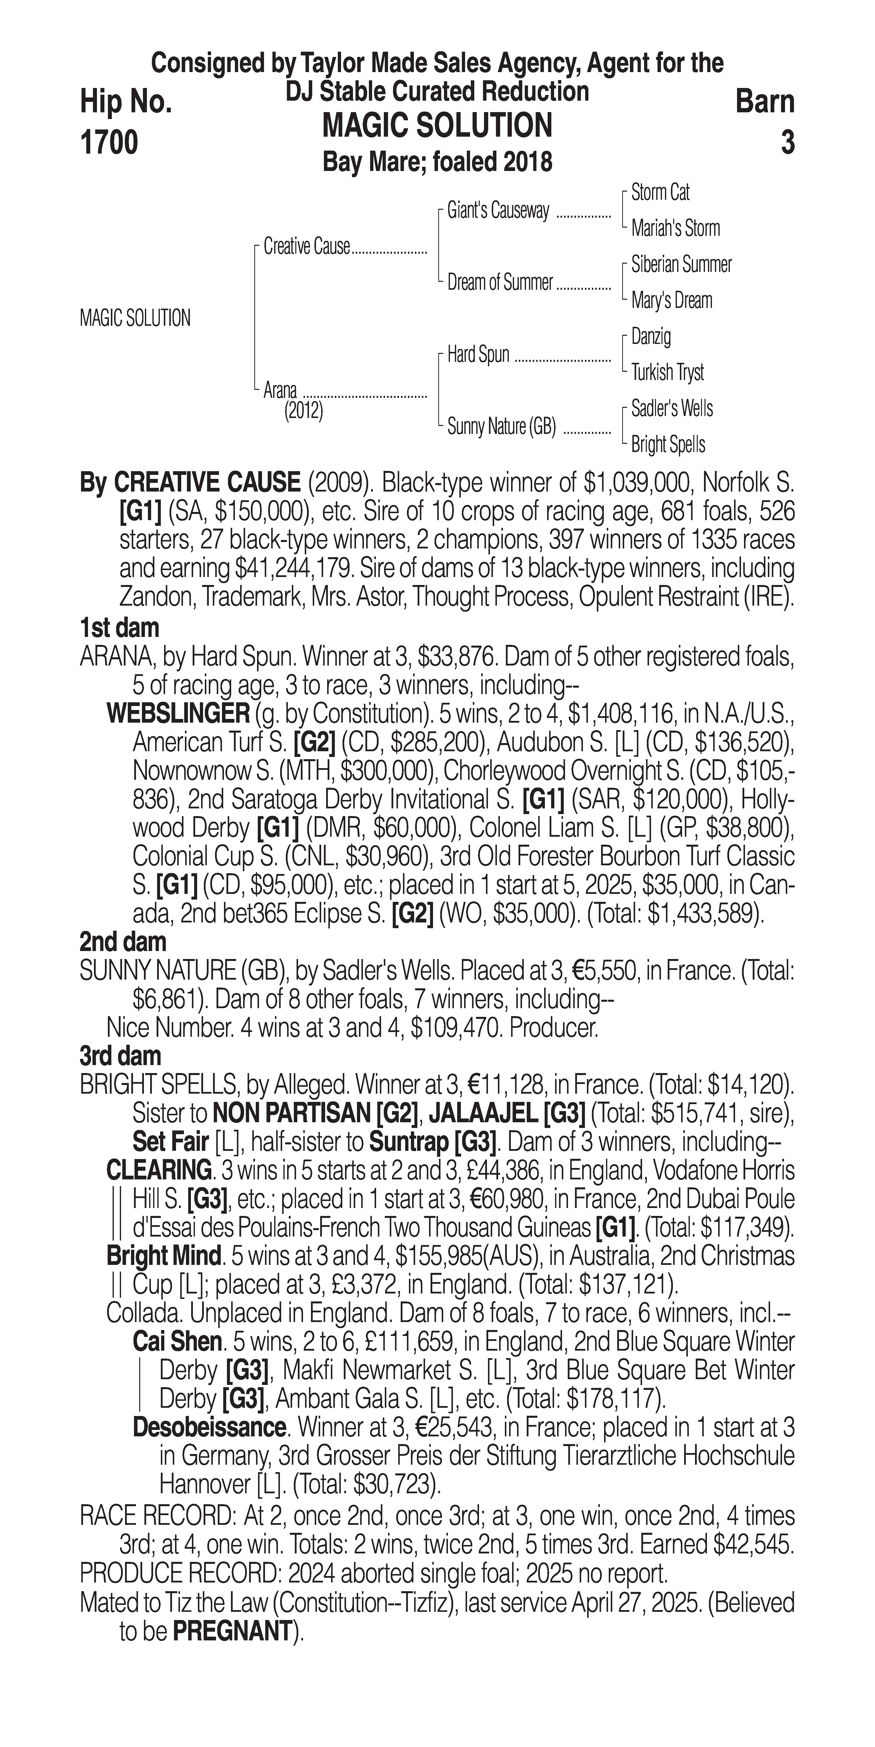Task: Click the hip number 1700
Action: coord(109,142)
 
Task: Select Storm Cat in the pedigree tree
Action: coord(660,193)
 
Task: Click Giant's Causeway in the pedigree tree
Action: coord(498,211)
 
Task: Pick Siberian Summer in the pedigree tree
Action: coord(681,264)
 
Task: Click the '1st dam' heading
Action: coord(119,628)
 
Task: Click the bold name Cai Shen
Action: coord(177,1342)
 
